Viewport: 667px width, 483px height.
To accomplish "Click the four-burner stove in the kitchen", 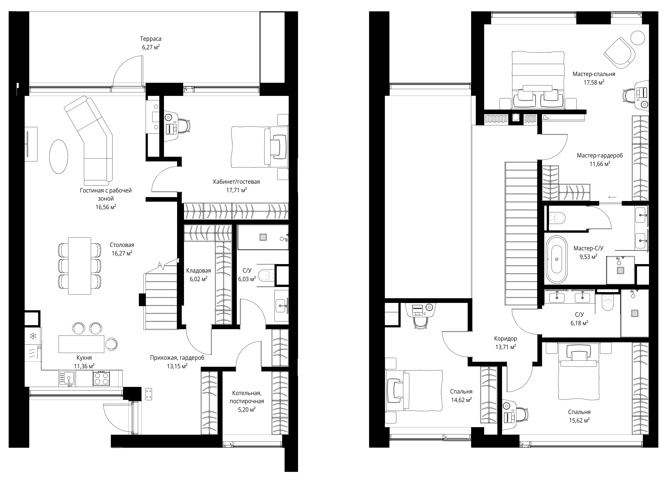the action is click(x=101, y=378).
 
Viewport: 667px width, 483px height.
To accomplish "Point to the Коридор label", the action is click(x=506, y=339).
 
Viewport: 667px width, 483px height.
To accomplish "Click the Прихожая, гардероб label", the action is click(x=177, y=358).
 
